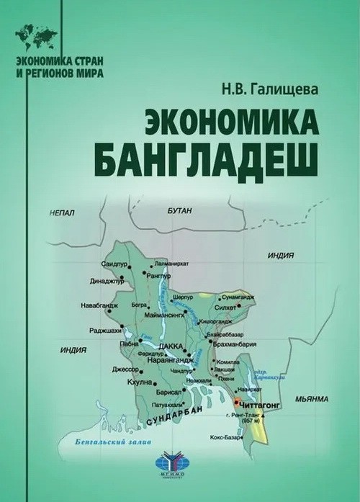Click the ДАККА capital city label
(171, 346)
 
